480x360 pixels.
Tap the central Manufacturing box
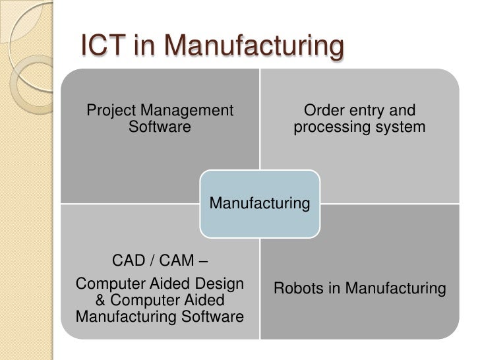pos(259,203)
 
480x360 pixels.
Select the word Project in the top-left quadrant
pos(110,110)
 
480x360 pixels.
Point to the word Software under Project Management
pos(160,127)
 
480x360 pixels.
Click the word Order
pos(322,110)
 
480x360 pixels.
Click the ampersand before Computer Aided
pos(103,301)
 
